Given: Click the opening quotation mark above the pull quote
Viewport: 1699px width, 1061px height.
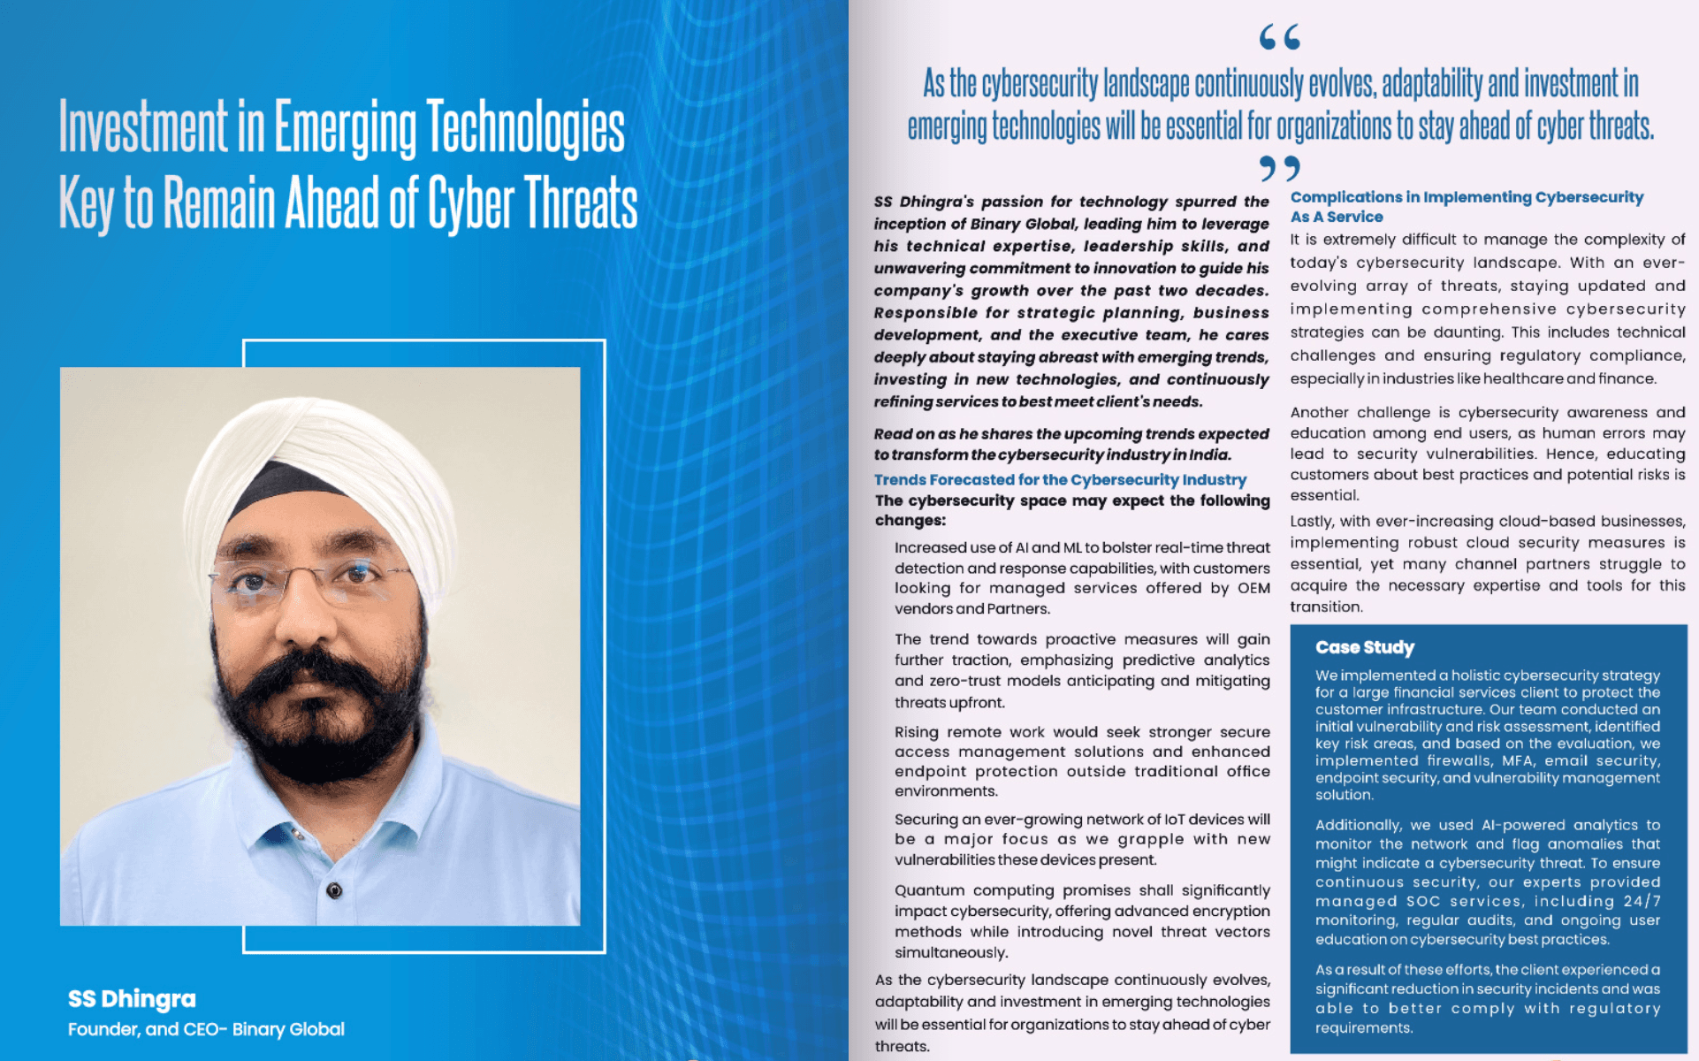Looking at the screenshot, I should (x=1279, y=38).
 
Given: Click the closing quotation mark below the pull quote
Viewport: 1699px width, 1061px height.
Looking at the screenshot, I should (x=1279, y=167).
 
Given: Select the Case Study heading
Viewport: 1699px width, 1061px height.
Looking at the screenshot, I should (x=1364, y=647).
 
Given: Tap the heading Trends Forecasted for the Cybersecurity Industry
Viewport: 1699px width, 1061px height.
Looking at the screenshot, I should (x=1059, y=480).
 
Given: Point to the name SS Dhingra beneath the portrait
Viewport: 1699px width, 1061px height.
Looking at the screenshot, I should (x=132, y=999).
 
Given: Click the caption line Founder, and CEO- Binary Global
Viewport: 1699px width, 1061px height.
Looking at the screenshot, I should (x=206, y=1029).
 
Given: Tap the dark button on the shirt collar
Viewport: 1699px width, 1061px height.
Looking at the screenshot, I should (x=334, y=890).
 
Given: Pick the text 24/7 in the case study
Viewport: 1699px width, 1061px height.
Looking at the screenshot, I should (x=1642, y=901).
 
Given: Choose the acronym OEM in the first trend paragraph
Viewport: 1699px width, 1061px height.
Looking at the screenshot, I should (x=1253, y=588).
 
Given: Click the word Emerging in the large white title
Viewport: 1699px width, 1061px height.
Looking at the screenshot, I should (x=344, y=128).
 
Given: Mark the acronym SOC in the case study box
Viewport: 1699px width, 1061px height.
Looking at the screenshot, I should (x=1423, y=901).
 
